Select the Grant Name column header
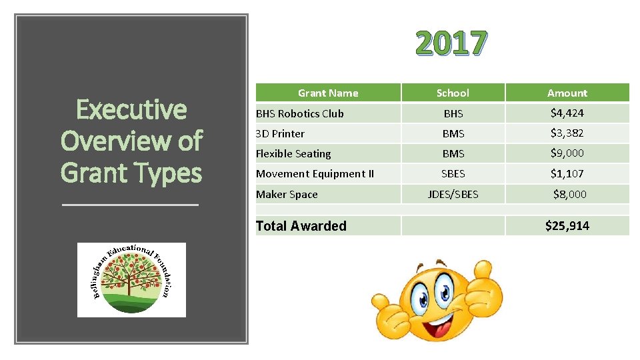point(327,93)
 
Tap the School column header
point(453,93)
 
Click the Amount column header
point(567,93)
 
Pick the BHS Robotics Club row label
point(300,113)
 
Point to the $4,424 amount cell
point(567,113)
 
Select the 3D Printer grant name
point(281,133)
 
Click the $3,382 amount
point(567,133)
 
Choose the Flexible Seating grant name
point(293,153)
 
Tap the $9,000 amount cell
point(567,153)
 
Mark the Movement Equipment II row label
point(315,174)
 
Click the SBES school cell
point(453,174)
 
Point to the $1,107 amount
point(567,173)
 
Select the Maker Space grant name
point(287,195)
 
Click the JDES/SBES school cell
point(453,195)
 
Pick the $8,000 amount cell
point(569,194)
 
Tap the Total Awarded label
point(301,226)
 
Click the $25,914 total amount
point(567,226)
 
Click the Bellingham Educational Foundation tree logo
point(131,279)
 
